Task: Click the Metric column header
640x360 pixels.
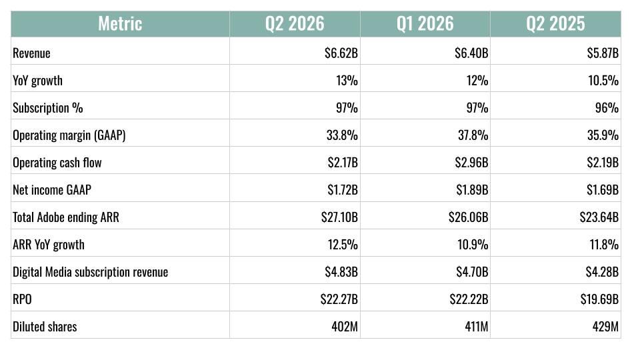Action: (120, 24)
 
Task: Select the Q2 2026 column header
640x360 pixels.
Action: (295, 24)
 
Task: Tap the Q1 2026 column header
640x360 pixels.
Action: (425, 24)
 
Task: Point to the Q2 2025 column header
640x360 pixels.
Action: (555, 24)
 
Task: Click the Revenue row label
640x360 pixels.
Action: (31, 53)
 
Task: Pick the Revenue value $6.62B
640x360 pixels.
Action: (341, 53)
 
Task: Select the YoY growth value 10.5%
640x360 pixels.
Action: (603, 81)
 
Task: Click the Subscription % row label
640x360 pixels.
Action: (48, 108)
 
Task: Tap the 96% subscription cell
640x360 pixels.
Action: (607, 108)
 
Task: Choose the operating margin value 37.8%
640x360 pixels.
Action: (473, 135)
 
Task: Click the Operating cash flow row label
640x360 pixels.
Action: (57, 163)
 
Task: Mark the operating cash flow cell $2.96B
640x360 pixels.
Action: (471, 163)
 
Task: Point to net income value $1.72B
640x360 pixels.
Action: (343, 190)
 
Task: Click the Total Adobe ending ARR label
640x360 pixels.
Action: (66, 217)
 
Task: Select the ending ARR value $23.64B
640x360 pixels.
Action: (599, 217)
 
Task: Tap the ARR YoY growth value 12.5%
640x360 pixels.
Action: (343, 245)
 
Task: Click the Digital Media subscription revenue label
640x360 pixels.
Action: (90, 272)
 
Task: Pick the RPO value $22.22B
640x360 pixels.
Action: (469, 299)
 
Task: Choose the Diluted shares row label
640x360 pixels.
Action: (45, 327)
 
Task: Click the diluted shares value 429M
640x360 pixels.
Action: (606, 327)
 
